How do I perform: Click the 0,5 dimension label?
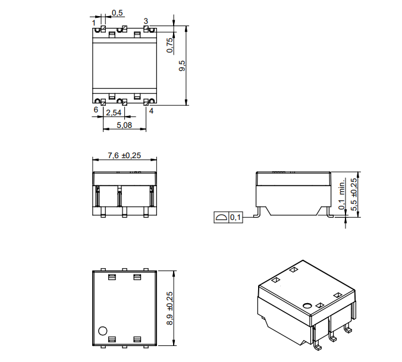click(x=117, y=13)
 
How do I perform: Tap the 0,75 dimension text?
click(x=169, y=45)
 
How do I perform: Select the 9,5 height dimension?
click(x=182, y=66)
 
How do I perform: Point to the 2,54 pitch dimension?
click(x=114, y=112)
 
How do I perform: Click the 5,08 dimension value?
click(x=124, y=125)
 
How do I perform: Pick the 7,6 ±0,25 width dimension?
click(x=124, y=156)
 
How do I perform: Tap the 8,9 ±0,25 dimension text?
click(x=169, y=308)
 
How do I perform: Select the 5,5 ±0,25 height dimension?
click(x=354, y=195)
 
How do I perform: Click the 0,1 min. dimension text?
click(x=342, y=195)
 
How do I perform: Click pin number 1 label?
click(x=94, y=23)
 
